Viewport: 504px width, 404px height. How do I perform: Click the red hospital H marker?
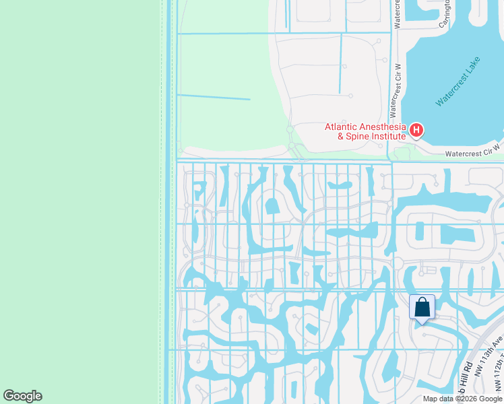click(x=416, y=130)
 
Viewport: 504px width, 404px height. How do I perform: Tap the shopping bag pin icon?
click(x=422, y=308)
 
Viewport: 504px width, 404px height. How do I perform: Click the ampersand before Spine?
click(x=341, y=136)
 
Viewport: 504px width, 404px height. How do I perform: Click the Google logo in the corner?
click(x=22, y=396)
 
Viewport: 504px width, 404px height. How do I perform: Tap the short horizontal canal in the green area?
click(x=213, y=98)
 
